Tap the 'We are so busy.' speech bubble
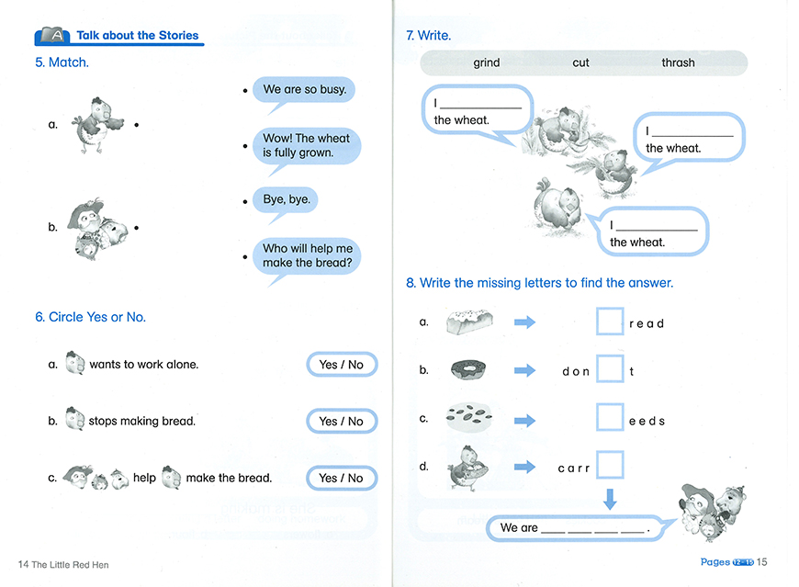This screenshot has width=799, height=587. pyautogui.click(x=304, y=90)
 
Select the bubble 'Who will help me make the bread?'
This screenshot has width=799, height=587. pyautogui.click(x=307, y=255)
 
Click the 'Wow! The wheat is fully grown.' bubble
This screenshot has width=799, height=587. pyautogui.click(x=306, y=145)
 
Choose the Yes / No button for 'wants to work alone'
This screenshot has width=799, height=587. pyautogui.click(x=342, y=365)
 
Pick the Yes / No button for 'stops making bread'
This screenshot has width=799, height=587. pyautogui.click(x=342, y=421)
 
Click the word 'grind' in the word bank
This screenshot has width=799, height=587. pyautogui.click(x=487, y=63)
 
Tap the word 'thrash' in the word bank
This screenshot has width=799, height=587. pyautogui.click(x=678, y=63)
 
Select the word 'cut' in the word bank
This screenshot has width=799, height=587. pyautogui.click(x=580, y=63)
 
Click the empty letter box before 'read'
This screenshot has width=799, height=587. pyautogui.click(x=610, y=322)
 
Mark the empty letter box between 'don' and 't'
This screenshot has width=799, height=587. pyautogui.click(x=610, y=369)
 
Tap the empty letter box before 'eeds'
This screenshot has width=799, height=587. pyautogui.click(x=610, y=418)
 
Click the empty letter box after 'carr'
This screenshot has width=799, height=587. pyautogui.click(x=610, y=466)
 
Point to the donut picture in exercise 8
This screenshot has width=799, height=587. pyautogui.click(x=468, y=370)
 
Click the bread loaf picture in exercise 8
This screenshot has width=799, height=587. pyautogui.click(x=469, y=322)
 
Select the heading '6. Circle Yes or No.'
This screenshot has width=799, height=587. pyautogui.click(x=90, y=317)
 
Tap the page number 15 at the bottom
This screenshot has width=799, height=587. pyautogui.click(x=762, y=562)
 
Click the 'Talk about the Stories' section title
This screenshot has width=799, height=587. pyautogui.click(x=137, y=36)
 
